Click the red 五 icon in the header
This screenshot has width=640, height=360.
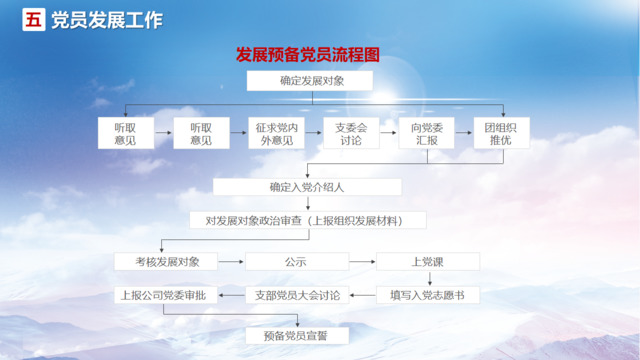click(33, 20)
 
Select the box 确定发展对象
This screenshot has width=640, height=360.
click(309, 80)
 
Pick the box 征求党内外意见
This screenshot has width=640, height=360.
click(276, 134)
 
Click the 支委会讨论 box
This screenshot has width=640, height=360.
click(351, 134)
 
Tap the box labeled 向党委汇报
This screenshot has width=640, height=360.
click(426, 134)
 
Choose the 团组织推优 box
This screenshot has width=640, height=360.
click(500, 134)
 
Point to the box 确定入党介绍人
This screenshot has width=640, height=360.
click(307, 187)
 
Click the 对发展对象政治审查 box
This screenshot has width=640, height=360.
click(307, 220)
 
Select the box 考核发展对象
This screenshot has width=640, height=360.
click(162, 262)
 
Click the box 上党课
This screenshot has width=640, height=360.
click(427, 262)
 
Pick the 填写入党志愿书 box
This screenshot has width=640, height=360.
click(427, 295)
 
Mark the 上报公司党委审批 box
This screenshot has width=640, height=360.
click(162, 295)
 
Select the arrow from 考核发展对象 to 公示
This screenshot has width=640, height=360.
click(230, 262)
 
